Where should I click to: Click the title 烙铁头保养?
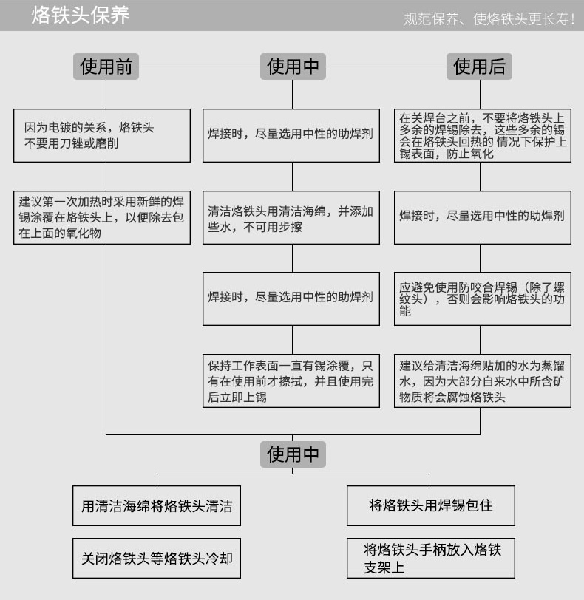coord(81,16)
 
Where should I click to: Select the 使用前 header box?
coord(106,67)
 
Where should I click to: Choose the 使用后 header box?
coord(480,67)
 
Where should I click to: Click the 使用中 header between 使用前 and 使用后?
coord(293,67)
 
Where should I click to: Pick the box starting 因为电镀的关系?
coord(102,136)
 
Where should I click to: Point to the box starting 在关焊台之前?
coord(482,136)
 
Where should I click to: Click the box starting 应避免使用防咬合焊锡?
coord(482,299)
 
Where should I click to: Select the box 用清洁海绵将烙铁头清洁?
coord(157,506)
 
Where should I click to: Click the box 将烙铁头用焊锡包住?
coord(431,505)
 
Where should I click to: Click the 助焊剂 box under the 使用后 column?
coord(482,217)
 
